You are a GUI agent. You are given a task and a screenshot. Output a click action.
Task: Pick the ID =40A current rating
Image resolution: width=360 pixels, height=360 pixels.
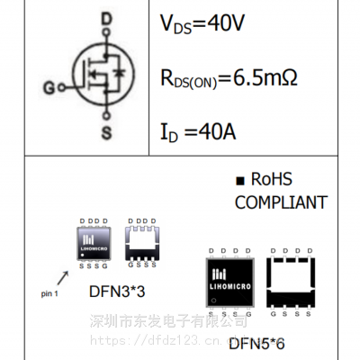[x=198, y=132]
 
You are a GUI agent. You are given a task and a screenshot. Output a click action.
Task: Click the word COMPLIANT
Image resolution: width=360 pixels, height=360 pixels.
[x=281, y=203]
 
